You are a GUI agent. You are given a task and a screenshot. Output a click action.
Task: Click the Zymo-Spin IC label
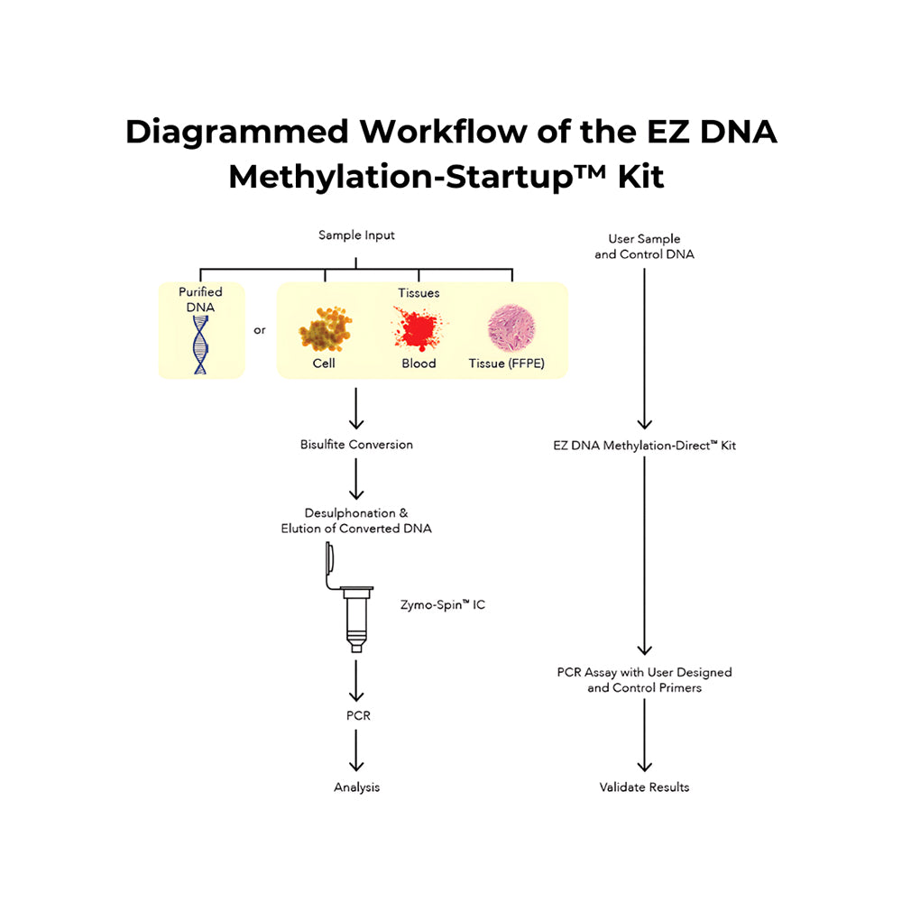pyautogui.click(x=442, y=604)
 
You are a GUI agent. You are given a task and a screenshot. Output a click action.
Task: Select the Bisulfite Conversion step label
pyautogui.click(x=356, y=445)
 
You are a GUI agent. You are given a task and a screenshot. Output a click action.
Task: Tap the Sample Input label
pyautogui.click(x=356, y=235)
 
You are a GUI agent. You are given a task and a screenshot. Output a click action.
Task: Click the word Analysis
pyautogui.click(x=356, y=787)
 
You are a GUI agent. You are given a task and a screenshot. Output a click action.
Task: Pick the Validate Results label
pyautogui.click(x=644, y=787)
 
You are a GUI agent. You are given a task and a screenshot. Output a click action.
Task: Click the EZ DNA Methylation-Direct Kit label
pyautogui.click(x=645, y=445)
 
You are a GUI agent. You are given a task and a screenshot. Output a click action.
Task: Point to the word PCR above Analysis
pyautogui.click(x=356, y=715)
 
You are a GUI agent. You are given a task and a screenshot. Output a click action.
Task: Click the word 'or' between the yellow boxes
pyautogui.click(x=260, y=330)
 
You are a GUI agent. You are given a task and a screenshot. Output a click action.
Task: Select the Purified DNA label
pyautogui.click(x=200, y=299)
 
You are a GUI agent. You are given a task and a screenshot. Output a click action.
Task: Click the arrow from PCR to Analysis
pyautogui.click(x=356, y=750)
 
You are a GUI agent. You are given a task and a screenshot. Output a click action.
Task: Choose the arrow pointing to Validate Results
pyautogui.click(x=644, y=734)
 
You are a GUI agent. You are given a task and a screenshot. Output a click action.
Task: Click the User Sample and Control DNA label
pyautogui.click(x=644, y=246)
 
